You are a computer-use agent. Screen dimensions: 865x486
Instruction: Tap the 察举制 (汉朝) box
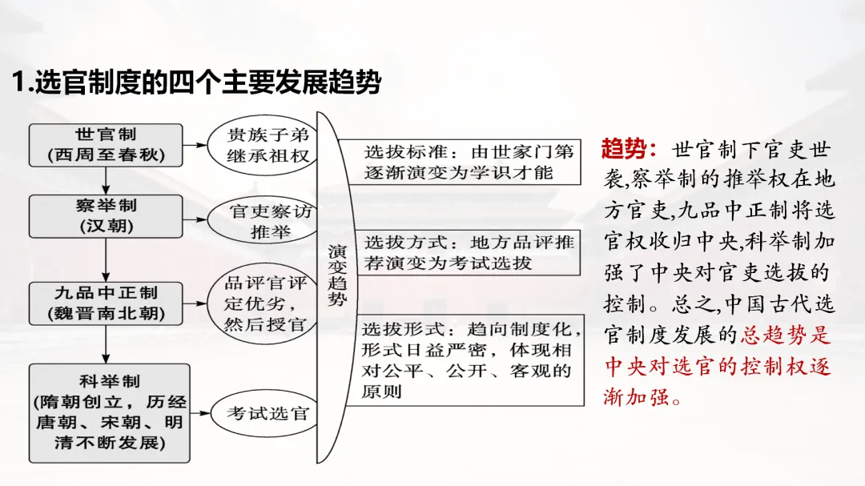107,216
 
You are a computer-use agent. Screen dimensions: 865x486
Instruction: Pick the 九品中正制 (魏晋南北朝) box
107,303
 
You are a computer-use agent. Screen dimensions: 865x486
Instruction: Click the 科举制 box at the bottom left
110,412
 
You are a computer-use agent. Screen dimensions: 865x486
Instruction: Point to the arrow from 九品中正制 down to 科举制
107,344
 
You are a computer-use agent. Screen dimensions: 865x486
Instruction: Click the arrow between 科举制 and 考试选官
200,414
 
